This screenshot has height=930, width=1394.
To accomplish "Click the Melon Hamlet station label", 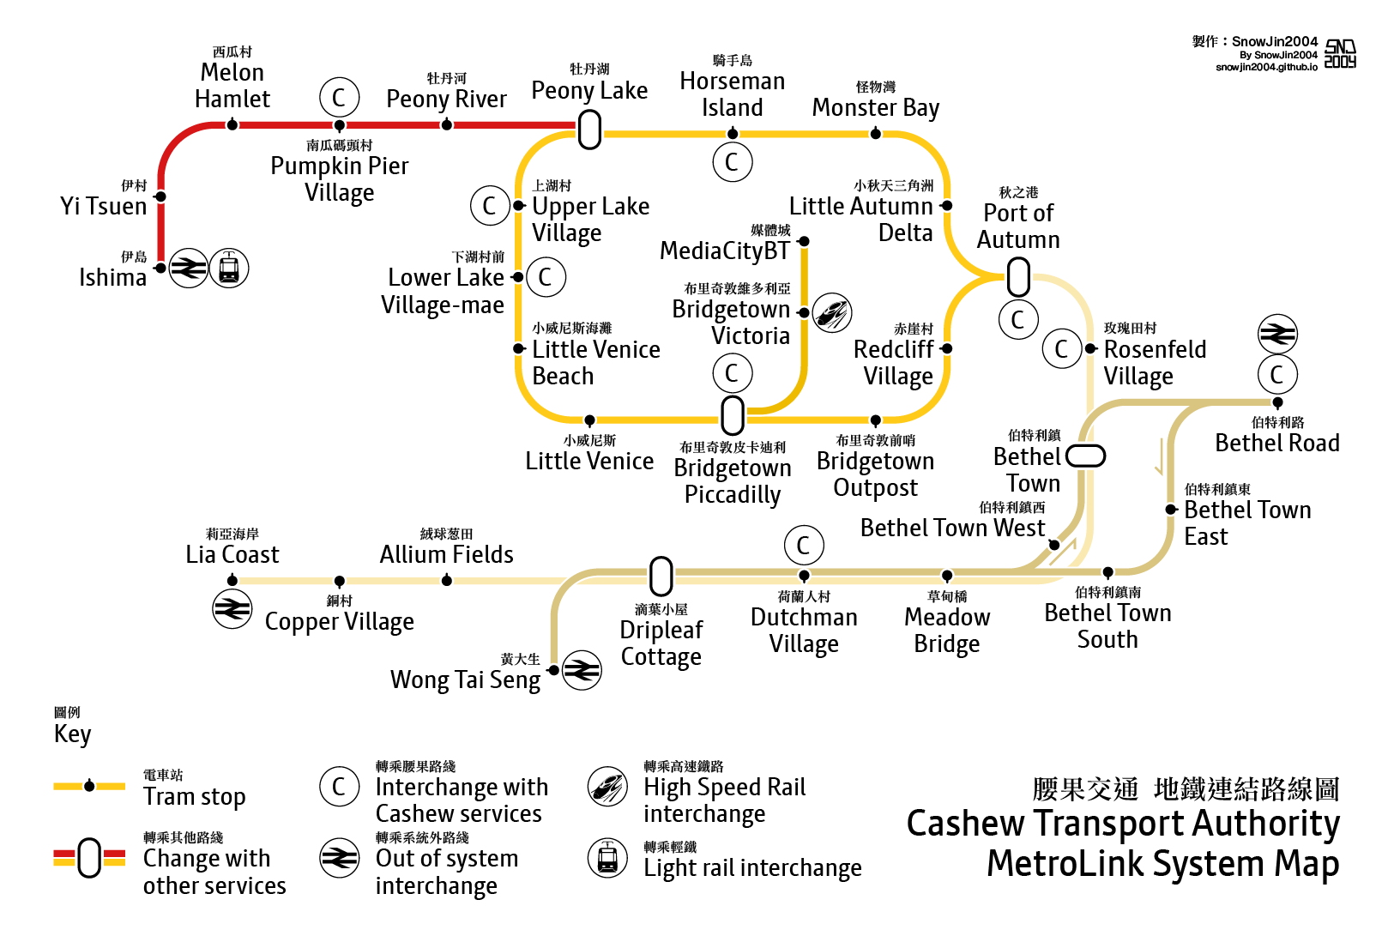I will coord(232,85).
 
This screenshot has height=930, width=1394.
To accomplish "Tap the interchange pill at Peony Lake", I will coord(589,130).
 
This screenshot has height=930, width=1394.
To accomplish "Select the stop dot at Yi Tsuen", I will coord(160,196).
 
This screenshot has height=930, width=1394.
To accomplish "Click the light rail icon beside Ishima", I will coord(229,269).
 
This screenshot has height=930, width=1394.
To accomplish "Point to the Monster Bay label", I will coord(875,107).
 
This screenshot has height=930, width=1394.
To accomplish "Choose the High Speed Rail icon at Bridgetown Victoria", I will coord(831,312).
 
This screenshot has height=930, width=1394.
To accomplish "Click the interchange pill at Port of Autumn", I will coord(1018,276).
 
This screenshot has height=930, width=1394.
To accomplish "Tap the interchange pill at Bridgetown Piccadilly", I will coord(733,415).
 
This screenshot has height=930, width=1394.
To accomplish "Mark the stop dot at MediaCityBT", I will coord(804,242).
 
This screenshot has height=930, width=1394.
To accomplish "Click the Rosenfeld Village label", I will coord(1155,362).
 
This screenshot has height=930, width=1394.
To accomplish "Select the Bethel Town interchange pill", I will coord(1085,456).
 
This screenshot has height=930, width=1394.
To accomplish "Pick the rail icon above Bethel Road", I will coord(1277,334).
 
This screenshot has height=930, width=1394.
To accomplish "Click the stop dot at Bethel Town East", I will coord(1171,510).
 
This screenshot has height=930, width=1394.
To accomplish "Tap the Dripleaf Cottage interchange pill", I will coord(661,576).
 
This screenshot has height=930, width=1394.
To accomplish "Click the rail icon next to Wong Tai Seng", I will coord(582,670).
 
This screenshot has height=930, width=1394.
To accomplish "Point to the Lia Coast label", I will coord(232,554).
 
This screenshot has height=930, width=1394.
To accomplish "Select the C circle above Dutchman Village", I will coord(804,545).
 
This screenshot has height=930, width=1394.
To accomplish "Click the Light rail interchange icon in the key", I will coord(607,857).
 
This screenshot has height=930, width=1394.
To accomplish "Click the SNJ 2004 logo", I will coord(1340,53).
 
